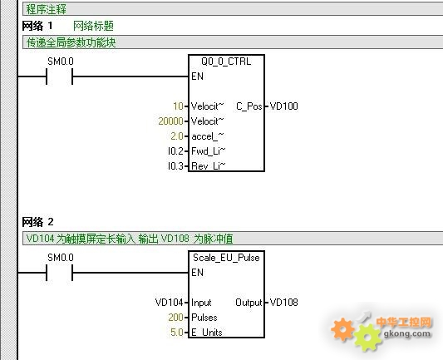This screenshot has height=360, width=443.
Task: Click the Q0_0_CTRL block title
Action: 226,62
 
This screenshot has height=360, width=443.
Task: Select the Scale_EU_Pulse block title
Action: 226,258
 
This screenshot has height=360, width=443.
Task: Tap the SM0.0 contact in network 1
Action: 60,76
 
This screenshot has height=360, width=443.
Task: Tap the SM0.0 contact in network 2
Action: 60,273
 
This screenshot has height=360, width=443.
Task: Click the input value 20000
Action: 170,121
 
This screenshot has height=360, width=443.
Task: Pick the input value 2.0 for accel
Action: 177,136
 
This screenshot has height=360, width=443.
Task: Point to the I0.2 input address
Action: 175,151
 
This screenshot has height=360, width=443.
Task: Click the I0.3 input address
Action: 175,166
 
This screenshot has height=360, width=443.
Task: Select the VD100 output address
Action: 283,106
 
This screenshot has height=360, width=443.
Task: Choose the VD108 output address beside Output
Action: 283,303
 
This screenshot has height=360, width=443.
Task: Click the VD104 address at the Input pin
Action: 170,303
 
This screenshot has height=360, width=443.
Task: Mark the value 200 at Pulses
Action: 175,318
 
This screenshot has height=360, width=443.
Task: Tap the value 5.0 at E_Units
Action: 177,333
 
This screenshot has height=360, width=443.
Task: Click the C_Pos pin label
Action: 249,106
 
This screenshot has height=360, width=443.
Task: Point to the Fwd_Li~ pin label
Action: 209,151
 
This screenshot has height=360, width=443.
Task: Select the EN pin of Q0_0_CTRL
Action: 197,76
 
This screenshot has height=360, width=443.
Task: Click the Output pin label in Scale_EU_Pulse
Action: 249,303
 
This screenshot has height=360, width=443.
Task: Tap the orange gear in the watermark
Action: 342,329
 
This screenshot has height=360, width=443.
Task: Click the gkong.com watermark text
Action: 407,333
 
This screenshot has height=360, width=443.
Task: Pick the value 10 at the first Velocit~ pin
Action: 178,106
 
